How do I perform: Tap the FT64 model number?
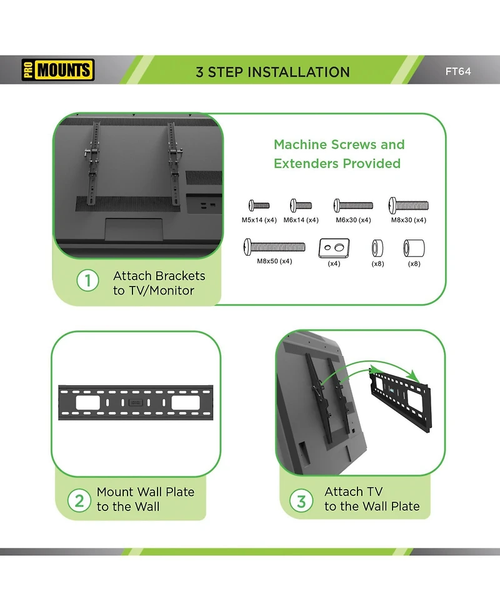457,71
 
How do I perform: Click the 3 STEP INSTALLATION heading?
272,71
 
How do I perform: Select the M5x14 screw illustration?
259,205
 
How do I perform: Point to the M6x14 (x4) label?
301,220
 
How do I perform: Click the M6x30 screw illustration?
353,205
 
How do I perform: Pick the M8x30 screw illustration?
409,205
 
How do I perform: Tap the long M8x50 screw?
274,246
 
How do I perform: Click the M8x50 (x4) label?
274,261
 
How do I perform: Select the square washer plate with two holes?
334,248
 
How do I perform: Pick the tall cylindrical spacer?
414,248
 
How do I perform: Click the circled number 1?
87,281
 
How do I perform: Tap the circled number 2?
79,500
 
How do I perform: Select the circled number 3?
301,500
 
